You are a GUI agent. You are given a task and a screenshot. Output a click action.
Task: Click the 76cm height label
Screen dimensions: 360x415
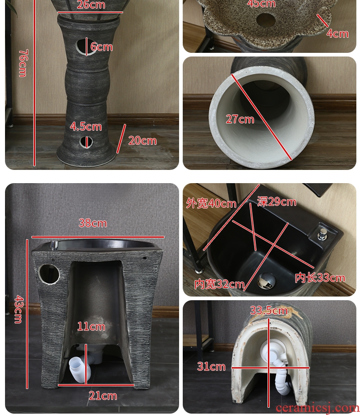(23, 63)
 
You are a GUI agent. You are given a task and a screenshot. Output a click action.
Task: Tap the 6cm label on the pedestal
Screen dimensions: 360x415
(102, 47)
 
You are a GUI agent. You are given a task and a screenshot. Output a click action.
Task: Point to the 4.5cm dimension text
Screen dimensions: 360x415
(86, 127)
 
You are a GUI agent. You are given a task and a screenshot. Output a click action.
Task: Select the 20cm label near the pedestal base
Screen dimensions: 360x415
(143, 141)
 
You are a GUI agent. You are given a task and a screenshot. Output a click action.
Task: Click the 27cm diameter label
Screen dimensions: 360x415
(240, 119)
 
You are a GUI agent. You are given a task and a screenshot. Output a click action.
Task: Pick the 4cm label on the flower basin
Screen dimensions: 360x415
(338, 34)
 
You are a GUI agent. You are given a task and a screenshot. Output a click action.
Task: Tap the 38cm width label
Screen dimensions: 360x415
(93, 223)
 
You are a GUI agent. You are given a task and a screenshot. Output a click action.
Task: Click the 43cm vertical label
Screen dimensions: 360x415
(19, 309)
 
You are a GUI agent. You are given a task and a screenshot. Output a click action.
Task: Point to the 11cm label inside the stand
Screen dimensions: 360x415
(91, 326)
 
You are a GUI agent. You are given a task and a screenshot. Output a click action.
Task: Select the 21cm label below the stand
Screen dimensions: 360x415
(103, 396)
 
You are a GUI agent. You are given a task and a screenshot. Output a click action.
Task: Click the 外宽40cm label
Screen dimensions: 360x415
(211, 203)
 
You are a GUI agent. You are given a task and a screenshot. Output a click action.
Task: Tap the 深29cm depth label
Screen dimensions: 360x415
(277, 202)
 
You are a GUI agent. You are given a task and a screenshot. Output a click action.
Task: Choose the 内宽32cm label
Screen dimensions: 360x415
(219, 284)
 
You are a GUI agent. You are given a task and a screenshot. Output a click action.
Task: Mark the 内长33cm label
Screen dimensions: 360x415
(320, 277)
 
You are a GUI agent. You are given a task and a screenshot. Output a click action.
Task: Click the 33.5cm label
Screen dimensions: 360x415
(269, 310)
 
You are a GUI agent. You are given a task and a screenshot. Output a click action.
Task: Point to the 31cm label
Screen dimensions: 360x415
(211, 367)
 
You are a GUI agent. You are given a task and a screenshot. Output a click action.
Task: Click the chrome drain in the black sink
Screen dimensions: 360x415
(267, 281)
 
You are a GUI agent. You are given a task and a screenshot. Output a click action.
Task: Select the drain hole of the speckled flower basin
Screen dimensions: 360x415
(266, 20)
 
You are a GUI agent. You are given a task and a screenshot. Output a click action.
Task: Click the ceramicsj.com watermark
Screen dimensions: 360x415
(317, 408)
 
